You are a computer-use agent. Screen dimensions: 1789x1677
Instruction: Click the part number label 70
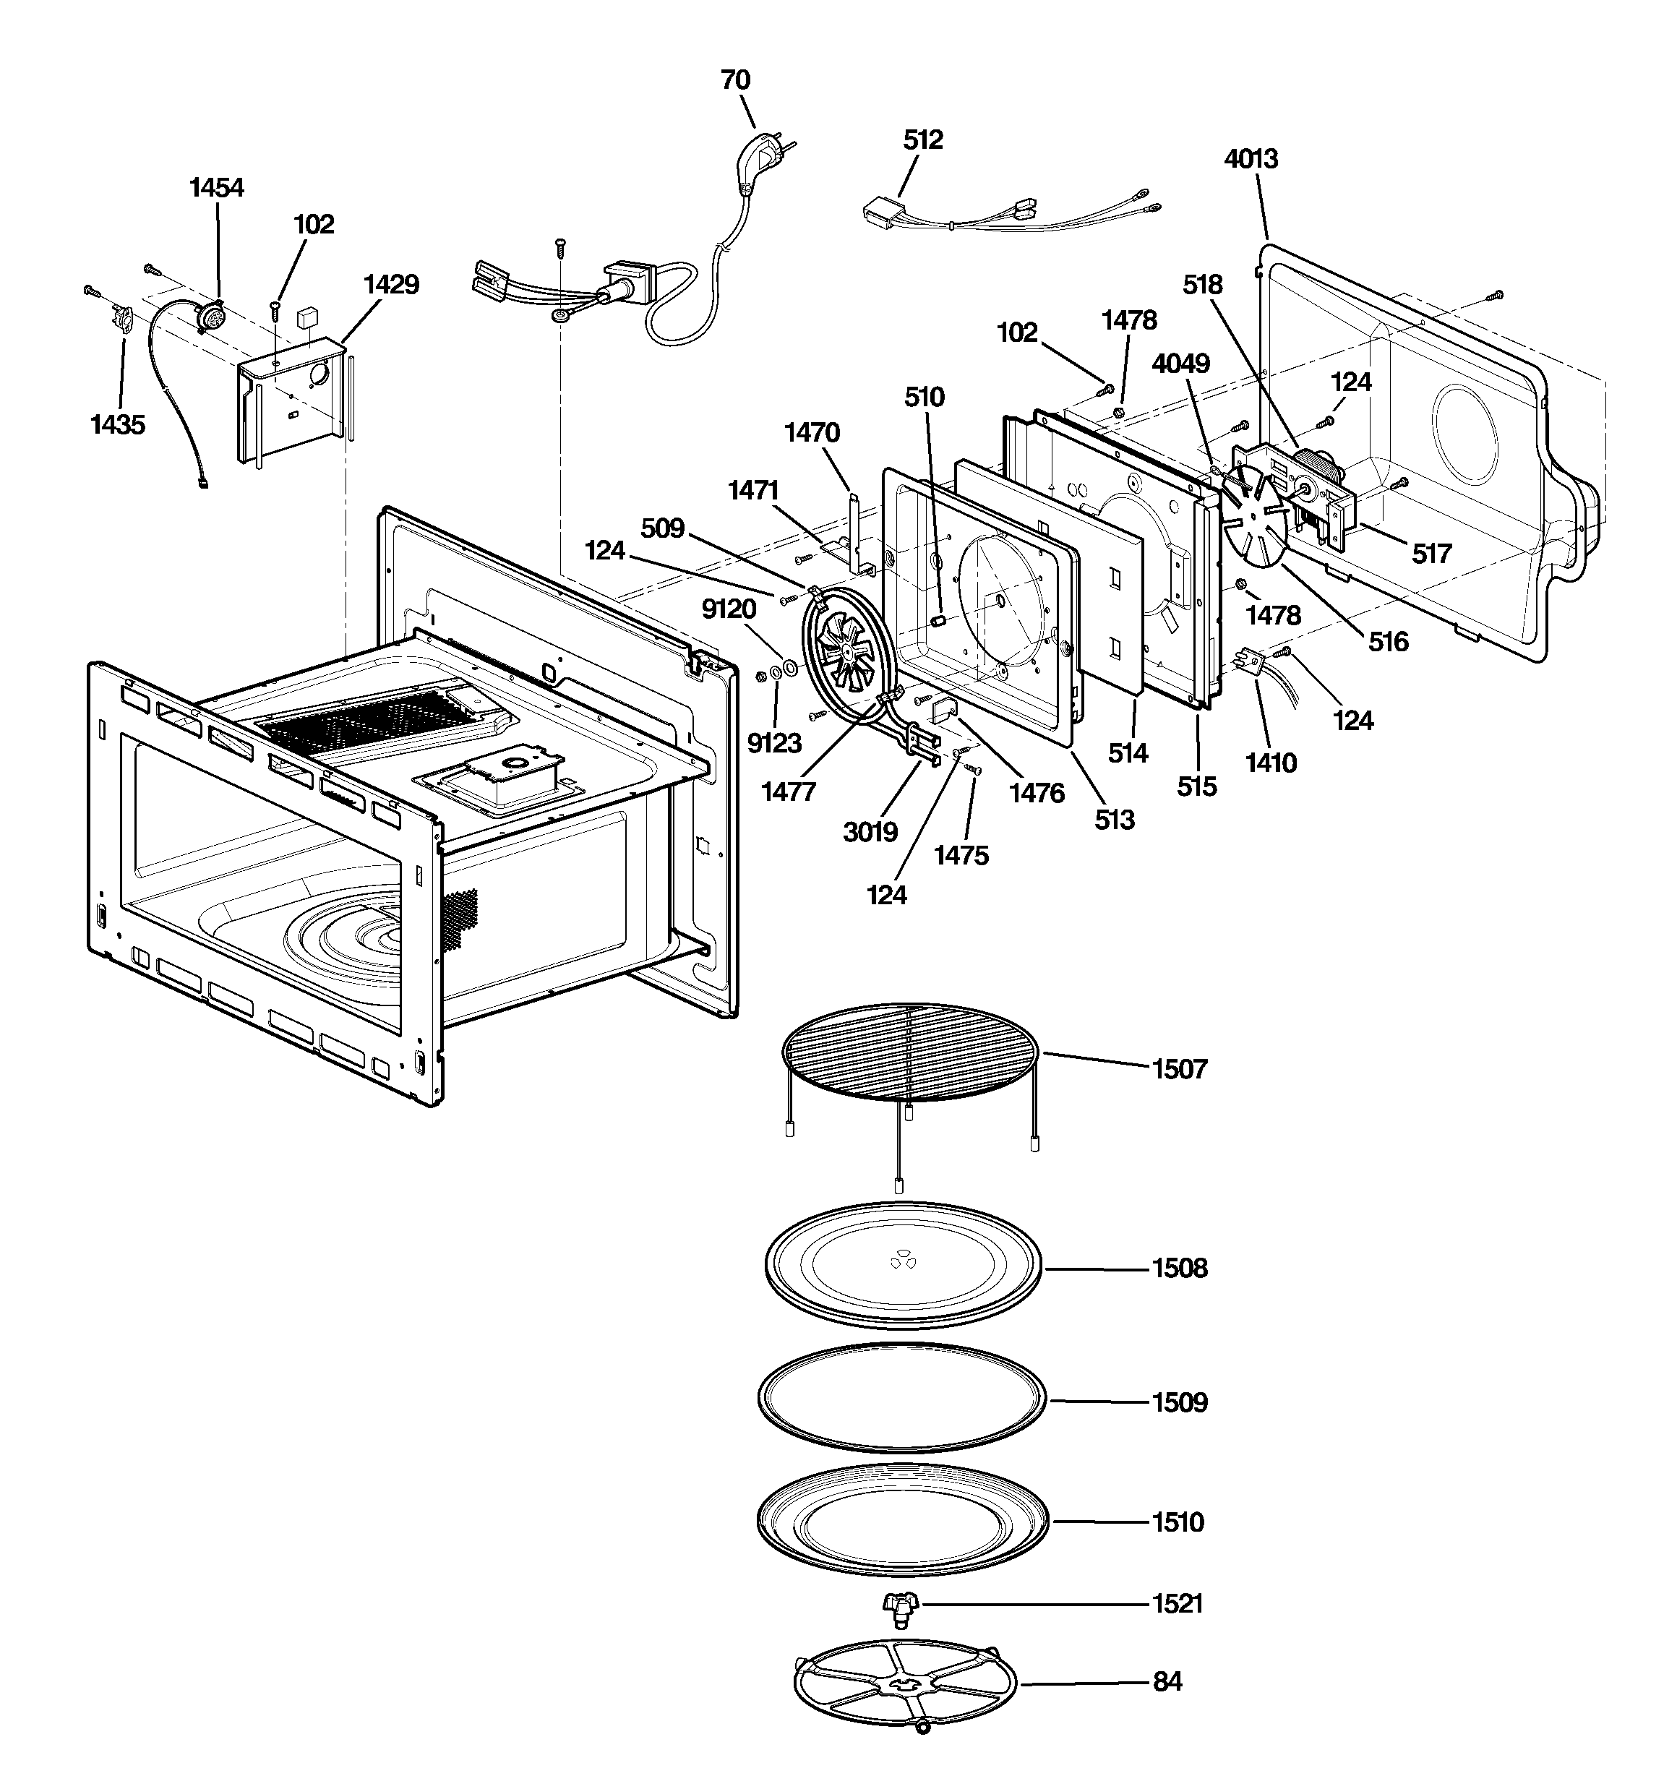734,80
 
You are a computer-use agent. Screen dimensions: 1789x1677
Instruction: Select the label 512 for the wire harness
922,140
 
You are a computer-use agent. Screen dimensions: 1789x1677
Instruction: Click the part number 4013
1251,158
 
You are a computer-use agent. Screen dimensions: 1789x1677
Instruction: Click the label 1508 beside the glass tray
1179,1268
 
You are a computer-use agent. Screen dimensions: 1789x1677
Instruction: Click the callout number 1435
118,425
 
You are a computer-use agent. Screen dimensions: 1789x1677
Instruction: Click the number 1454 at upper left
216,187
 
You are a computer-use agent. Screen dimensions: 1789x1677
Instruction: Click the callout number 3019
870,833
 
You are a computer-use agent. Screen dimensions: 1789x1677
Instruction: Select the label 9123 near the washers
774,743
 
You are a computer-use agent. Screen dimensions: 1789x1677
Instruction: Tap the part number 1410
1270,763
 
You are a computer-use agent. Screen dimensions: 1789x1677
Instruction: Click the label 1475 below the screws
961,856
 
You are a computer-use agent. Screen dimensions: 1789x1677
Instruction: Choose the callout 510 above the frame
925,397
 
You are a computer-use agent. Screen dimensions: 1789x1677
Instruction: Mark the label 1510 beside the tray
1178,1522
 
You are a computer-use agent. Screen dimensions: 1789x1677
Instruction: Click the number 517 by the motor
1431,554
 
